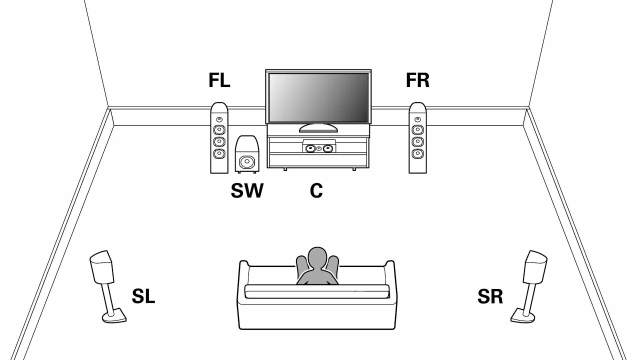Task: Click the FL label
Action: click(x=219, y=80)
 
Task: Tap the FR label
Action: click(x=417, y=80)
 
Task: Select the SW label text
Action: click(x=246, y=190)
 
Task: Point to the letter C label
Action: click(x=316, y=190)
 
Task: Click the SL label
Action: click(x=143, y=296)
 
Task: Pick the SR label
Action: click(x=490, y=296)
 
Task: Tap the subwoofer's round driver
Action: click(x=246, y=162)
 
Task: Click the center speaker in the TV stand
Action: click(x=318, y=148)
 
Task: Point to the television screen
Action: click(x=318, y=97)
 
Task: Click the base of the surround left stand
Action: click(x=114, y=316)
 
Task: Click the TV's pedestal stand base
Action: click(x=317, y=128)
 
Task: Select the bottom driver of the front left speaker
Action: click(x=219, y=153)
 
